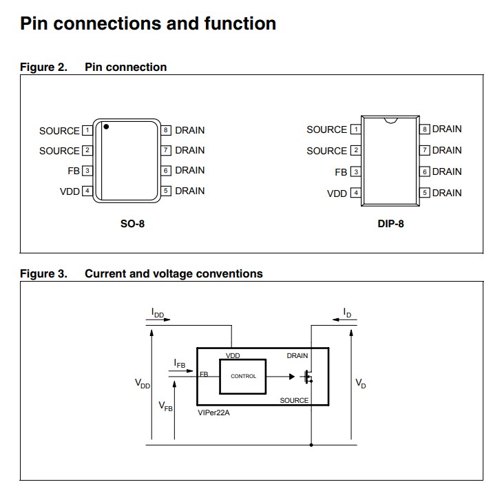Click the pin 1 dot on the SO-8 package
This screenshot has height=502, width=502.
pyautogui.click(x=106, y=127)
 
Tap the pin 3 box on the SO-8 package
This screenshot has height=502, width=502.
pyautogui.click(x=87, y=171)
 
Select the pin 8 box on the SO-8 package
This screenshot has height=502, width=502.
pyautogui.click(x=166, y=130)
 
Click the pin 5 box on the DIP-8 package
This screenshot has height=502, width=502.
pyautogui.click(x=425, y=193)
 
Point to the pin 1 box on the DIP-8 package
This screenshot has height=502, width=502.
pyautogui.click(x=355, y=129)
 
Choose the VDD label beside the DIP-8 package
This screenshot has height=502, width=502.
pyautogui.click(x=337, y=194)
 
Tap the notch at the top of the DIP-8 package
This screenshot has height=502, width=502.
pyautogui.click(x=391, y=121)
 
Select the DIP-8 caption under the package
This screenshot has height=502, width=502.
pyautogui.click(x=390, y=224)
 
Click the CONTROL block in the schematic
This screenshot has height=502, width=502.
pyautogui.click(x=243, y=376)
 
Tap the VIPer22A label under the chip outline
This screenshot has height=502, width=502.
pyautogui.click(x=214, y=413)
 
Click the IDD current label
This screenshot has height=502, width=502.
pyautogui.click(x=158, y=313)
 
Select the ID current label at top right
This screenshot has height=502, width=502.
pyautogui.click(x=348, y=313)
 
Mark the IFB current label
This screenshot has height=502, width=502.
pyautogui.click(x=180, y=362)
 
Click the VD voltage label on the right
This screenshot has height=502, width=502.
pyautogui.click(x=361, y=383)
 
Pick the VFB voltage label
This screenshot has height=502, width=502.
pyautogui.click(x=166, y=406)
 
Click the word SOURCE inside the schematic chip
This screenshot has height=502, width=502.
pyautogui.click(x=294, y=400)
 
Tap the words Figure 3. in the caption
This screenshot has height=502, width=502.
pyautogui.click(x=43, y=274)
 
